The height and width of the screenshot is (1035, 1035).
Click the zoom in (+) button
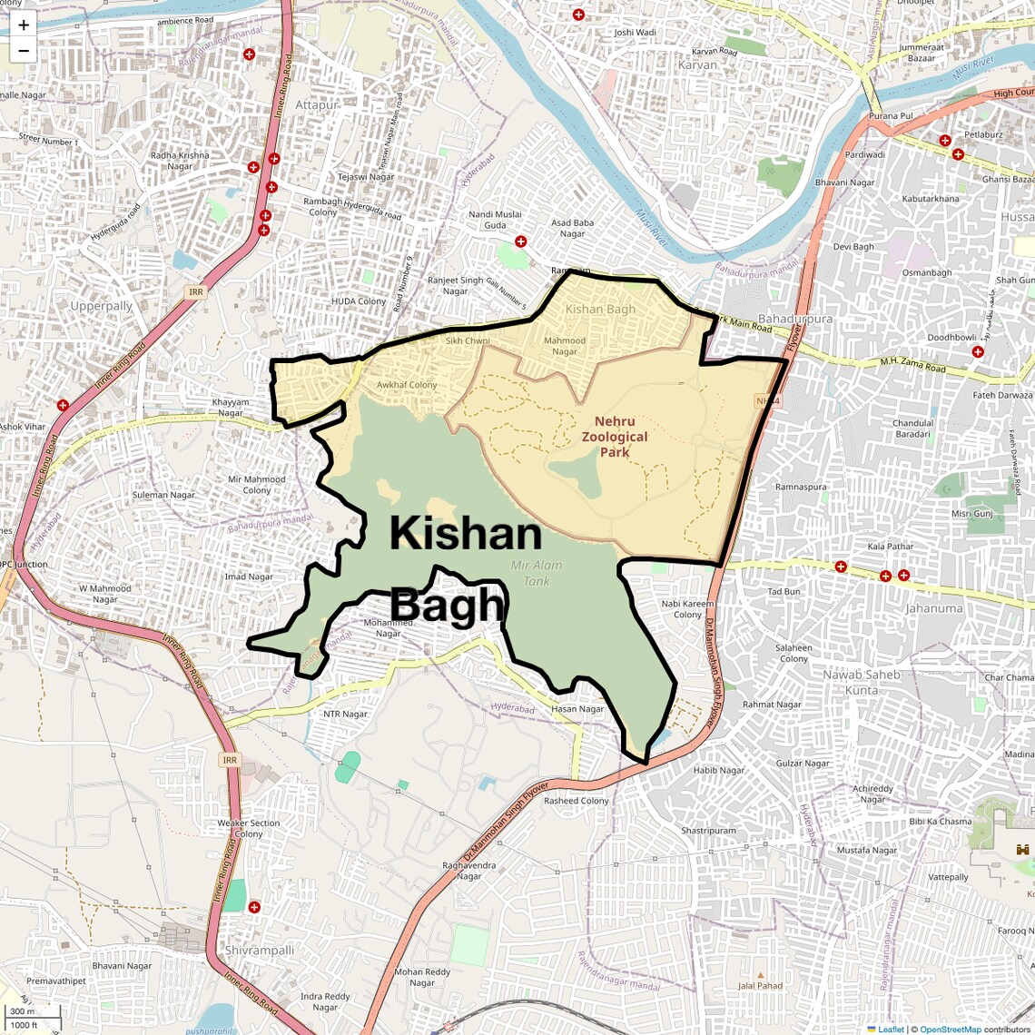(24, 25)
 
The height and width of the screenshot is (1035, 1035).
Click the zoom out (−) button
(24, 51)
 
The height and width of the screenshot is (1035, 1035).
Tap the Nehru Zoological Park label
(615, 437)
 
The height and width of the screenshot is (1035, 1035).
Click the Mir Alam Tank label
(536, 573)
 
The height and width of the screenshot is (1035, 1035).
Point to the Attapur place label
(317, 105)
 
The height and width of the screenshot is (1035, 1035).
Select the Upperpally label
(102, 306)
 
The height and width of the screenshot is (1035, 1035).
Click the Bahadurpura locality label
(794, 320)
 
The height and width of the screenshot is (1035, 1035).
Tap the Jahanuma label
(933, 608)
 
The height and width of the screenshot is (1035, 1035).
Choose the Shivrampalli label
(260, 950)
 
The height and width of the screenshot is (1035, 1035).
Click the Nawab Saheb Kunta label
(861, 682)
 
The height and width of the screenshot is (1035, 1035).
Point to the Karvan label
(697, 65)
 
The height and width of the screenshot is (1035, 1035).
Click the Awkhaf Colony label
(407, 385)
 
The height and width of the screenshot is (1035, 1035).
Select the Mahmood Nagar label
(565, 346)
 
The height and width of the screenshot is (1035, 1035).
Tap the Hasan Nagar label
(577, 709)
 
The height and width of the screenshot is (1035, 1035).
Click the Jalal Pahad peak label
(760, 985)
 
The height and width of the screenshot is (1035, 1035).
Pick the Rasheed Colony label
(577, 801)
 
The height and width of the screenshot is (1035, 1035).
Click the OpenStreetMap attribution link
(951, 1030)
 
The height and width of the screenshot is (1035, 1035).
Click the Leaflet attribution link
(891, 1030)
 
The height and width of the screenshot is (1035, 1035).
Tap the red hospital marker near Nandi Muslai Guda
(520, 241)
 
